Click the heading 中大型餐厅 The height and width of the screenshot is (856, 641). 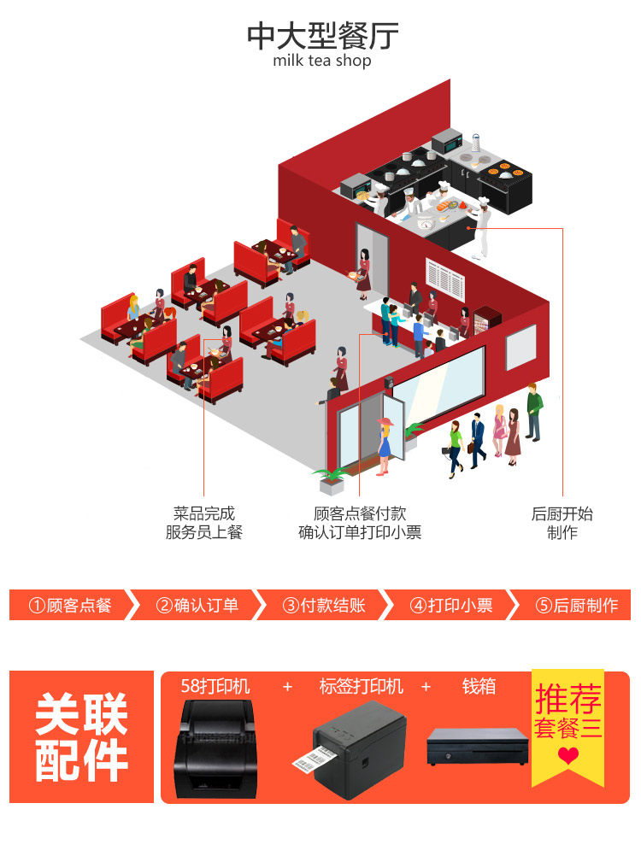pos(322,35)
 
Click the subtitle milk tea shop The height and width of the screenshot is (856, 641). pos(322,62)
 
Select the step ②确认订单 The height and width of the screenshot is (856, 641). pos(197,605)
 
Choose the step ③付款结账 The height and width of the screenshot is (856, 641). pos(324,605)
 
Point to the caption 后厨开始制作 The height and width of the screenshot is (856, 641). pos(562,523)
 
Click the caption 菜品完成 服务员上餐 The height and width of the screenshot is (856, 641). pos(203,523)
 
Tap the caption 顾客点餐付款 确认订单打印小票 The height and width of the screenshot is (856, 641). pos(360,523)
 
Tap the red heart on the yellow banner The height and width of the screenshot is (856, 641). pos(568,756)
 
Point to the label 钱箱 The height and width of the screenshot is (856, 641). pos(479,686)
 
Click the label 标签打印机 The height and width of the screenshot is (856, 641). pos(361,686)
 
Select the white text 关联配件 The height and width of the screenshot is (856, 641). pos(81,737)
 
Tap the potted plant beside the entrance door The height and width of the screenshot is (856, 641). pos(328,479)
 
